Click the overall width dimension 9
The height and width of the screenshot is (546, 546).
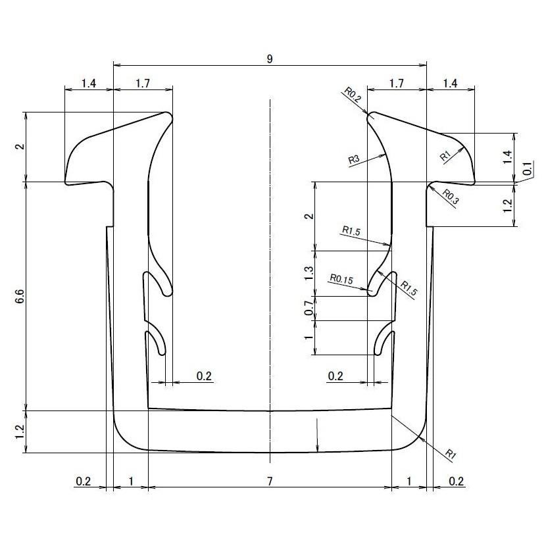point(270,59)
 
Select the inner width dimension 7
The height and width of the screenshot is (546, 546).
point(270,482)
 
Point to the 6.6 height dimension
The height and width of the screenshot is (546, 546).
point(20,297)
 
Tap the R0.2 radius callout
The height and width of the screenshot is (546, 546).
point(353,95)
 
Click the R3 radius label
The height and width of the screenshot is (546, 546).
point(354,159)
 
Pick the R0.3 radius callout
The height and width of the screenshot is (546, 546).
point(451,195)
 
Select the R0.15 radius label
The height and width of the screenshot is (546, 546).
point(341,279)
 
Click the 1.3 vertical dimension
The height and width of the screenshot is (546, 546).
point(310,273)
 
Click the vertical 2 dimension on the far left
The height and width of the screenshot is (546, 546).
point(20,147)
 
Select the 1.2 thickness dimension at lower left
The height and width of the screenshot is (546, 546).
point(20,432)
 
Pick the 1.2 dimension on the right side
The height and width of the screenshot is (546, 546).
point(507,205)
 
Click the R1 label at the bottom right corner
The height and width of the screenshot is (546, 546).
point(451,454)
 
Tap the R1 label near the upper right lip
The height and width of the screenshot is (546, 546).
point(445,156)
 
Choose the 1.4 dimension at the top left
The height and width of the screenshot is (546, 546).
point(89,84)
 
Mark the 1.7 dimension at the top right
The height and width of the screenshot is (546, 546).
point(396,84)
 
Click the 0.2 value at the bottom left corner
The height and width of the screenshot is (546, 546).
point(84,482)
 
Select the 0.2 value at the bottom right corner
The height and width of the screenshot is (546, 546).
point(457,482)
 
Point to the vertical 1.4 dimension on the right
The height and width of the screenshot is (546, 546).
point(507,157)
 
